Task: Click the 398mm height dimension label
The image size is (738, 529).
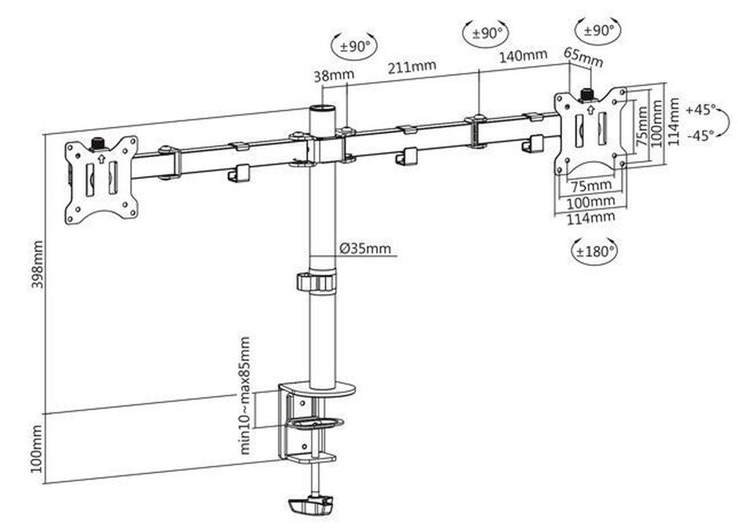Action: (x=37, y=264)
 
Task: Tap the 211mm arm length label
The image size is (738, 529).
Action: (x=411, y=67)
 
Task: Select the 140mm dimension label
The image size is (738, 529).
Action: (x=523, y=56)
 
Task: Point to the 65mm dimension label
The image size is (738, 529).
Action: (x=583, y=57)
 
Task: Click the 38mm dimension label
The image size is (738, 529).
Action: (x=334, y=75)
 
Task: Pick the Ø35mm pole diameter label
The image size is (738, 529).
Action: (x=365, y=248)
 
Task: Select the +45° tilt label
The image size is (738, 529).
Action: (x=701, y=110)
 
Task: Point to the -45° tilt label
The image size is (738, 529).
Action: (x=701, y=136)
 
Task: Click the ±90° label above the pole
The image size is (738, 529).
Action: (x=355, y=47)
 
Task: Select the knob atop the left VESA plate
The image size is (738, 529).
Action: (x=98, y=144)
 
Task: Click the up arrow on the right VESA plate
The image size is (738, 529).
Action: (x=591, y=110)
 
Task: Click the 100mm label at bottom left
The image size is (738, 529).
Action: (x=37, y=449)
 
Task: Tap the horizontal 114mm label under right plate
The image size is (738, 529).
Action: (x=591, y=217)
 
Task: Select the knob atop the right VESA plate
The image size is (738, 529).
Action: (x=587, y=94)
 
